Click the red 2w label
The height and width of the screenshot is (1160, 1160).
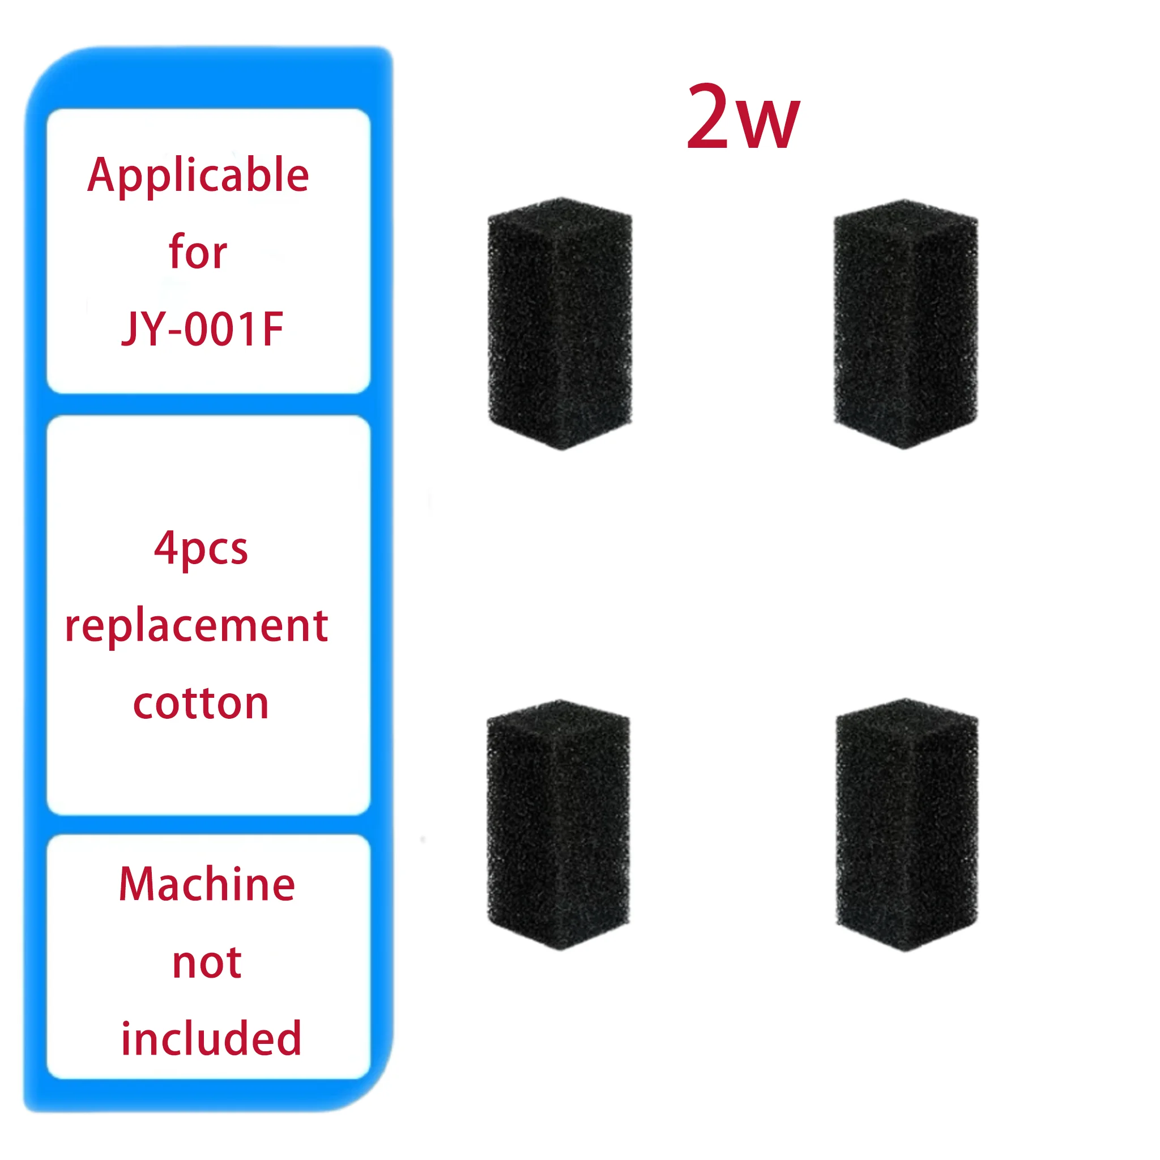(743, 117)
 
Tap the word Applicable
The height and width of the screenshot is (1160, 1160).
(198, 176)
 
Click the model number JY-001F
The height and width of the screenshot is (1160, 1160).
(202, 329)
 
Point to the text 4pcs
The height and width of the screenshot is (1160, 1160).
(201, 549)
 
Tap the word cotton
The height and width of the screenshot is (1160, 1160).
(201, 703)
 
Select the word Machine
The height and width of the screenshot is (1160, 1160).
(207, 884)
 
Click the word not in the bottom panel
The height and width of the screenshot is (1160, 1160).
(207, 962)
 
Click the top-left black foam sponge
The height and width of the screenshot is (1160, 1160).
(560, 323)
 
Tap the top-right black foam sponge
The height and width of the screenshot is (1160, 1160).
(906, 323)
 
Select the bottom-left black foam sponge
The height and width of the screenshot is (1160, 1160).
(558, 824)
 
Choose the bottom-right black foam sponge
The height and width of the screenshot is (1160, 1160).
(907, 824)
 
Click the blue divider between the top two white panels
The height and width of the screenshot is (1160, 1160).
(208, 404)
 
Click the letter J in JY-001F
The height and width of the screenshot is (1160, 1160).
(130, 330)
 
